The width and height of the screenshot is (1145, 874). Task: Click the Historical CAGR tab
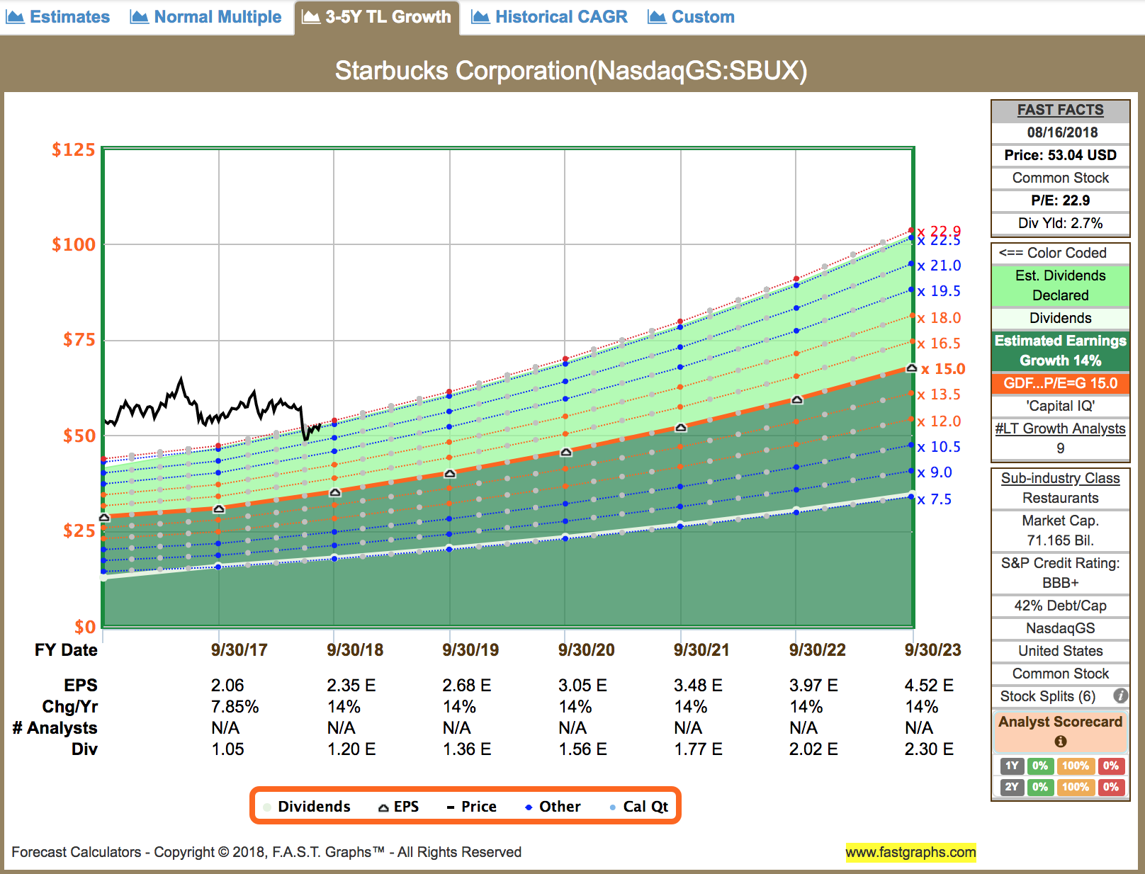coord(550,17)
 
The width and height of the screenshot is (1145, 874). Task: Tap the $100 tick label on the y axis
coord(73,245)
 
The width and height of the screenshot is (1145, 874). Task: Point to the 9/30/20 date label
coord(586,650)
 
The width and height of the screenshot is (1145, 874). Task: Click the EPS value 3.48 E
coord(698,686)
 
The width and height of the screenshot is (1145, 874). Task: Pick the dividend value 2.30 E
coord(929,749)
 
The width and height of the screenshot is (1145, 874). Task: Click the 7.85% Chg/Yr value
coord(235,707)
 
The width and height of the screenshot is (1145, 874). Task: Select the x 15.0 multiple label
coord(943,369)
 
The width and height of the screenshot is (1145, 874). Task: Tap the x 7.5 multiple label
coord(935,499)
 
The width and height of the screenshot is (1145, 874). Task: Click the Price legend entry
coord(472,807)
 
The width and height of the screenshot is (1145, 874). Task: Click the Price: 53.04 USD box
coord(1060,155)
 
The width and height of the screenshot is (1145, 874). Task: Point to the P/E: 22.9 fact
coord(1060,200)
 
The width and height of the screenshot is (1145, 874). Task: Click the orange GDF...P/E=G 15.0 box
coord(1060,383)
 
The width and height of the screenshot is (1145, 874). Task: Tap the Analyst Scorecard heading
coord(1060,722)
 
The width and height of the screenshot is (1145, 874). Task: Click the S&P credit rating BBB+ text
coord(1060,583)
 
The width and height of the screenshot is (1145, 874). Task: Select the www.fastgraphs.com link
coord(910,852)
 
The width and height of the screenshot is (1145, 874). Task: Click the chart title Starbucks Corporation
coord(571,71)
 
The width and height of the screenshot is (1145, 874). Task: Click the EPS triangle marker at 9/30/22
coord(797,400)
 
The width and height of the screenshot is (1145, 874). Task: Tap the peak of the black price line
coord(181,379)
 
